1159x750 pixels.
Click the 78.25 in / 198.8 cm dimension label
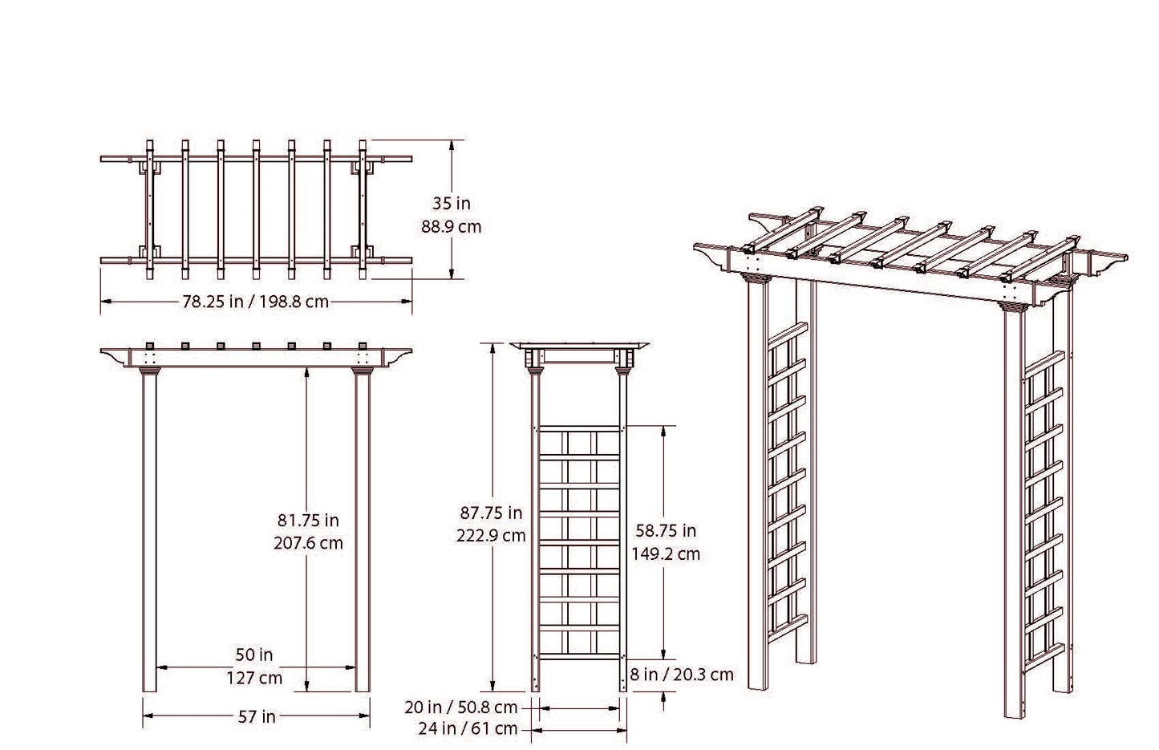pos(256,302)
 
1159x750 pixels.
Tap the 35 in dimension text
pos(452,204)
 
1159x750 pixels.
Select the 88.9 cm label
pos(452,227)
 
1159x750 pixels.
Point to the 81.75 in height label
pos(308,520)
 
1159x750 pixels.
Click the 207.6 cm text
pos(308,543)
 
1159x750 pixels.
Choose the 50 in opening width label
pos(254,655)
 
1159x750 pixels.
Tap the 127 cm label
pos(254,678)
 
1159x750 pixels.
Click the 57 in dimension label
pos(257,717)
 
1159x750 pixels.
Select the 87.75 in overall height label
pos(491,513)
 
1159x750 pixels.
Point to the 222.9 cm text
pos(491,536)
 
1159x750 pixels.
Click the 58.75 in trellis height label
pos(666,530)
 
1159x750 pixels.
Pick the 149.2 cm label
pos(666,553)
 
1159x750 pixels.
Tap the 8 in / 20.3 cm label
pos(682,675)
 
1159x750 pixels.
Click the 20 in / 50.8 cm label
pos(461,707)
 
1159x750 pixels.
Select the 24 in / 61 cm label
pos(468,729)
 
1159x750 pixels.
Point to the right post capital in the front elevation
pos(363,371)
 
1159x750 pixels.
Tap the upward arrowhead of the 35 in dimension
pos(452,144)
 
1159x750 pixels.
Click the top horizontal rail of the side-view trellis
pos(579,428)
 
